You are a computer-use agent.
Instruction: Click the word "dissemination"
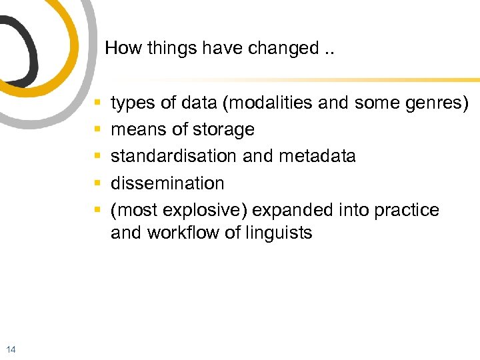[x=167, y=183]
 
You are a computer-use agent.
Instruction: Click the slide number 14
[x=10, y=349]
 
